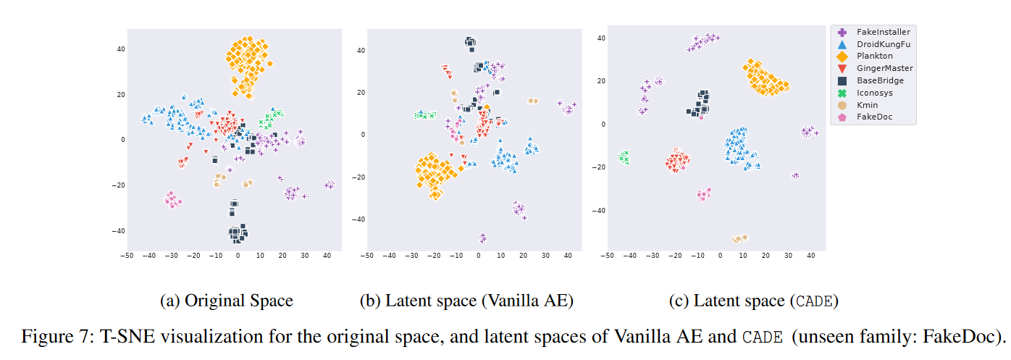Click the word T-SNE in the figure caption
[x=106, y=338]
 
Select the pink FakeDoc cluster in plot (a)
[x=172, y=200]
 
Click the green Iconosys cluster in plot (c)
[x=624, y=157]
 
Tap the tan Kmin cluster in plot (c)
[x=739, y=238]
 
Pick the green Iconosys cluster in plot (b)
[x=424, y=114]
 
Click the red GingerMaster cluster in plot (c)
[x=678, y=161]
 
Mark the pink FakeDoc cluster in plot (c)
[x=702, y=194]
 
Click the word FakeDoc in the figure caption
[x=968, y=338]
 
